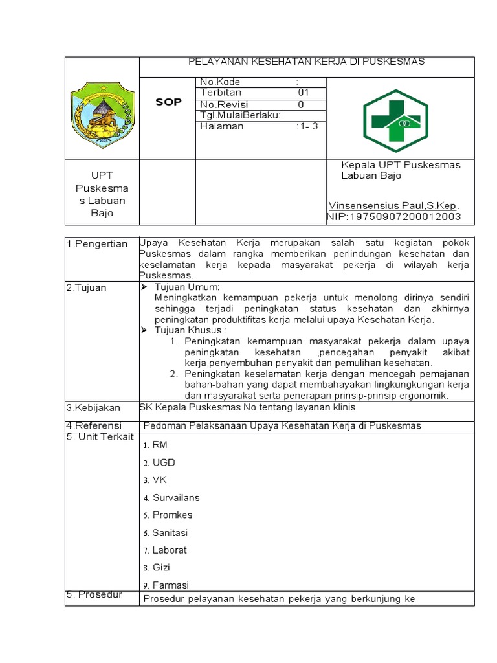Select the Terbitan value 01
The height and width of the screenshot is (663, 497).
click(304, 93)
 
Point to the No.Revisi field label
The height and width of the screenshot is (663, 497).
click(224, 104)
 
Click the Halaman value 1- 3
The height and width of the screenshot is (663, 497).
click(307, 126)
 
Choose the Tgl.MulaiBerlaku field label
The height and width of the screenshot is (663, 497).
click(240, 115)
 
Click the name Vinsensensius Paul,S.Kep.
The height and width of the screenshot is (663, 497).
click(393, 205)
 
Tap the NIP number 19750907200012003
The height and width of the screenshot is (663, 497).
click(394, 216)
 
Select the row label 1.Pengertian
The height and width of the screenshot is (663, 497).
click(97, 244)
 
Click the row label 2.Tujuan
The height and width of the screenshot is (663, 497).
click(87, 287)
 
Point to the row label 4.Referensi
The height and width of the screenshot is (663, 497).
click(93, 425)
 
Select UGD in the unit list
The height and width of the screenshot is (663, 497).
click(164, 462)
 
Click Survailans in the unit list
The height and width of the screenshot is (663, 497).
click(176, 498)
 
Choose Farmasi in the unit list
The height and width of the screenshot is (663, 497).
click(170, 585)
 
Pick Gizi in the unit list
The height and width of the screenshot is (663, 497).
click(161, 568)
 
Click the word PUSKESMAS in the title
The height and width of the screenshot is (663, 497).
click(393, 62)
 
